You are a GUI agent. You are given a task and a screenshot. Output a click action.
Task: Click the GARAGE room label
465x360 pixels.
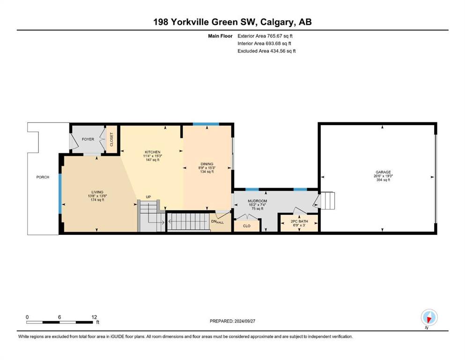(383, 172)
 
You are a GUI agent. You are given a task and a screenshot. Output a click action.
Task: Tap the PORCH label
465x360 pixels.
(43, 177)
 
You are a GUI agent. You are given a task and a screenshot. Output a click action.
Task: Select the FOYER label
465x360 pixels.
(88, 139)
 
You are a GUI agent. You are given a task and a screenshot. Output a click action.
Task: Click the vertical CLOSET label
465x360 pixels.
(112, 140)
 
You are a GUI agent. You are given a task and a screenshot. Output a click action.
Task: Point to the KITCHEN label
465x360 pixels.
(153, 152)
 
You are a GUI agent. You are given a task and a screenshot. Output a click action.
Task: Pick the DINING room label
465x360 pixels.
(207, 164)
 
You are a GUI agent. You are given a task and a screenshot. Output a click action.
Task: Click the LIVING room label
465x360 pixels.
(97, 192)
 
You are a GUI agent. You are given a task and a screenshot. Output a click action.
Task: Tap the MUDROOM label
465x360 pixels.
(258, 201)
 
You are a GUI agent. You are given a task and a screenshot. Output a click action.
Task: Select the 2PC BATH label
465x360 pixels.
(299, 221)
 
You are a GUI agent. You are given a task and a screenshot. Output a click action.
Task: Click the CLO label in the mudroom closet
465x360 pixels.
(247, 226)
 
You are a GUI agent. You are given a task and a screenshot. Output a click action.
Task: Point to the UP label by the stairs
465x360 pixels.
(148, 197)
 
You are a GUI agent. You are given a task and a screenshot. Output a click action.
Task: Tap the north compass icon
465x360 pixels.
(429, 317)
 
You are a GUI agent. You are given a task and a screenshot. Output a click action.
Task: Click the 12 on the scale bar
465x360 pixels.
(94, 317)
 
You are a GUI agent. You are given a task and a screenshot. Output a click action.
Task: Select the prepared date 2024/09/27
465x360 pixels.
(244, 321)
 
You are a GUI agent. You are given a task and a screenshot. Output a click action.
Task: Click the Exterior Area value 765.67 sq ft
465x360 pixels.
(280, 36)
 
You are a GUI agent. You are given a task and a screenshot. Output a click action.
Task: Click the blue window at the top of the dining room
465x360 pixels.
(206, 124)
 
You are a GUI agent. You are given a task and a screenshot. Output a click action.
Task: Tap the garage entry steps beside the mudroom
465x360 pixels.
(327, 201)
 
